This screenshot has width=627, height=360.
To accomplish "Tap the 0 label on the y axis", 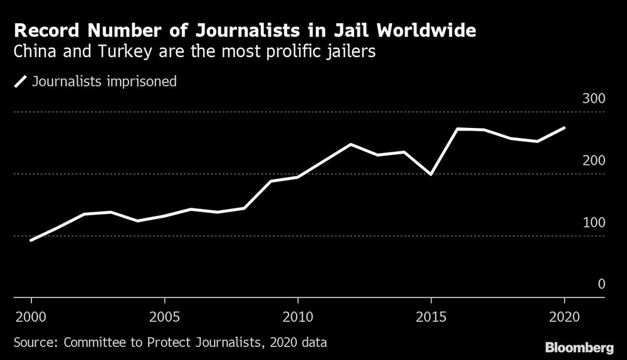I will coord(600,284).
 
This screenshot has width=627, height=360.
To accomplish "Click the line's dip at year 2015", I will coord(431,174).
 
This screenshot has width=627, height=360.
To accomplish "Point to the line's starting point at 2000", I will coord(31,240).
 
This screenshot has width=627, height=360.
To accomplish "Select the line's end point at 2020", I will coord(564,128).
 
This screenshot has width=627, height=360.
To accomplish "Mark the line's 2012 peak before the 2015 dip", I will coord(350,144).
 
